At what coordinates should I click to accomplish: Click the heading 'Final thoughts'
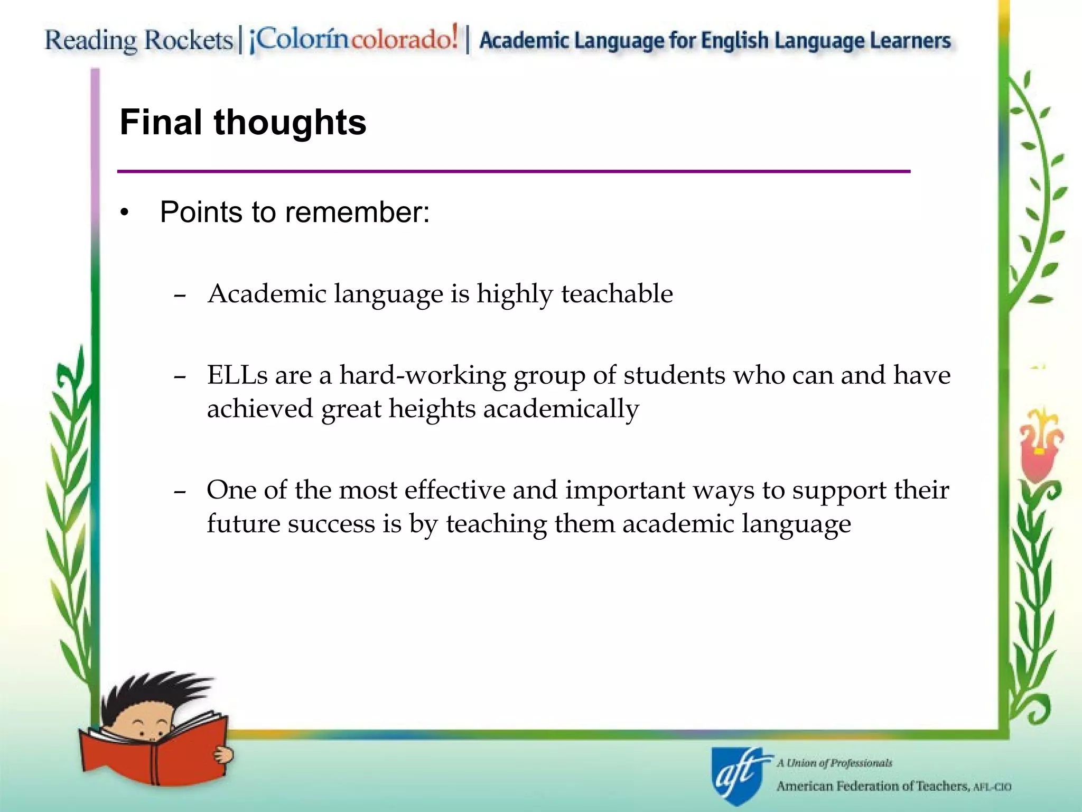tap(243, 123)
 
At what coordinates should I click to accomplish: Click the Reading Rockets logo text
tap(138, 40)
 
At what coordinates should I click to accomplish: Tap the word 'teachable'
tap(617, 294)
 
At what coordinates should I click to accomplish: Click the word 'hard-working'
tap(422, 375)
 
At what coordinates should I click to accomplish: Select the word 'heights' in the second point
tap(432, 409)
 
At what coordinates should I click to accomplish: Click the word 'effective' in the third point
tap(454, 490)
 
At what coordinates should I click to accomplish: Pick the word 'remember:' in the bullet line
tap(358, 213)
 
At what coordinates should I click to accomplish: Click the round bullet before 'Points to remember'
tap(124, 213)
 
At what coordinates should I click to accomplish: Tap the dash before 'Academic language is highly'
tap(180, 295)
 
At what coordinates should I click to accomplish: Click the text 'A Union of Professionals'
tap(834, 763)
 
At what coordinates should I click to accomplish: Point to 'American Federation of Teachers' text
tap(872, 786)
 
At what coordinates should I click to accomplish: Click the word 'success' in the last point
tap(331, 524)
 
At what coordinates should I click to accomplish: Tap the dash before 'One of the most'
tap(180, 492)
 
